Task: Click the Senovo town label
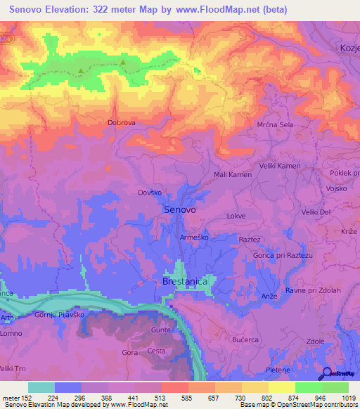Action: click(x=179, y=209)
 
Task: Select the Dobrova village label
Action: click(x=121, y=122)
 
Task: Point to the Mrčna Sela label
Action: click(x=274, y=124)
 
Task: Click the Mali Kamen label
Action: click(x=232, y=174)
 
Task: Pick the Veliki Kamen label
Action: click(x=281, y=166)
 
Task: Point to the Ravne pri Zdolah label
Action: click(x=313, y=290)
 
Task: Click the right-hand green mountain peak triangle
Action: click(x=123, y=63)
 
